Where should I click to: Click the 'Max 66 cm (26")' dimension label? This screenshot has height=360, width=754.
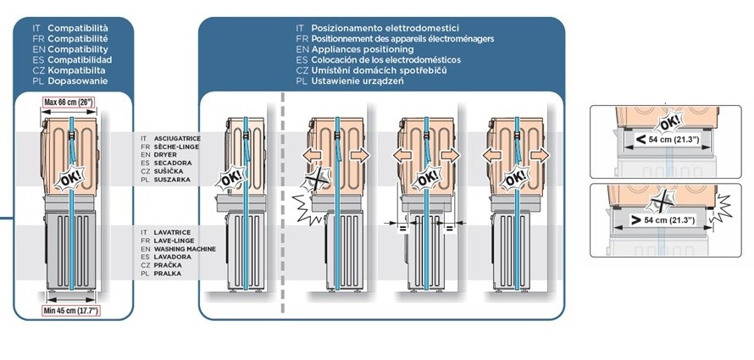(69, 103)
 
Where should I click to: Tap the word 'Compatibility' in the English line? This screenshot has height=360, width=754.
(77, 50)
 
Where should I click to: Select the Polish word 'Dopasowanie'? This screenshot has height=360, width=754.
(77, 80)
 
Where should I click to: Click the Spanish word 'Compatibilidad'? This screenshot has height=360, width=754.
(80, 60)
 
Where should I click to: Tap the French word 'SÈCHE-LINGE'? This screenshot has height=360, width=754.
(174, 147)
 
